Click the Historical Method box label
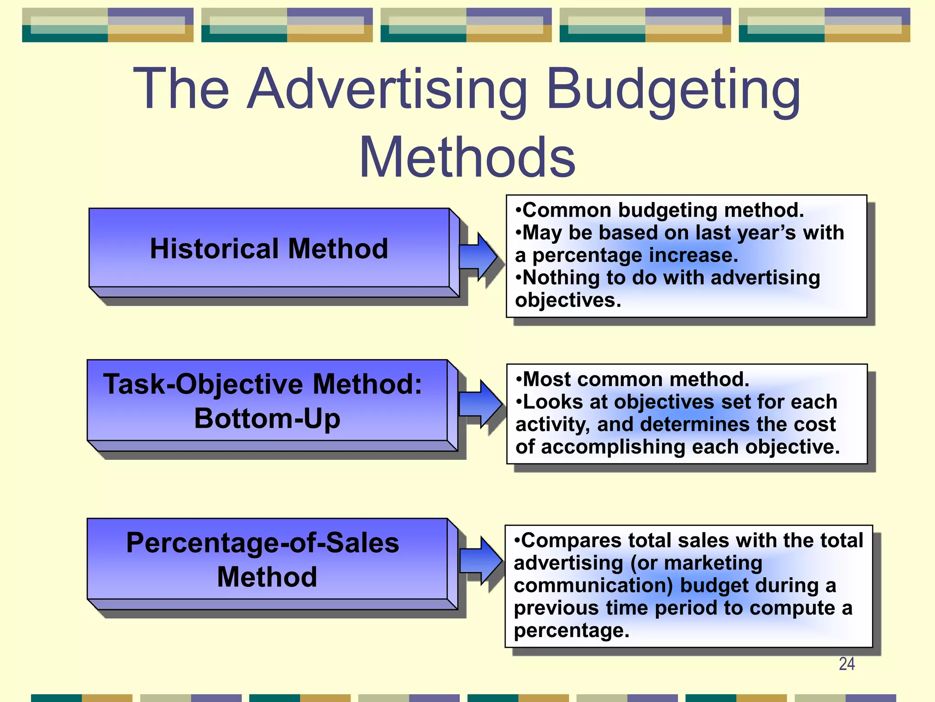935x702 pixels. (269, 249)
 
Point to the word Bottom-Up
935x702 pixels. (267, 418)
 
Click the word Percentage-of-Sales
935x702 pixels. (263, 542)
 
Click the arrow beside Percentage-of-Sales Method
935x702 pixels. (480, 560)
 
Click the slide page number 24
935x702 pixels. (846, 664)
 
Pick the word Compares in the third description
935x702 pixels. (571, 541)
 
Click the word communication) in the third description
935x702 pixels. (593, 586)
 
